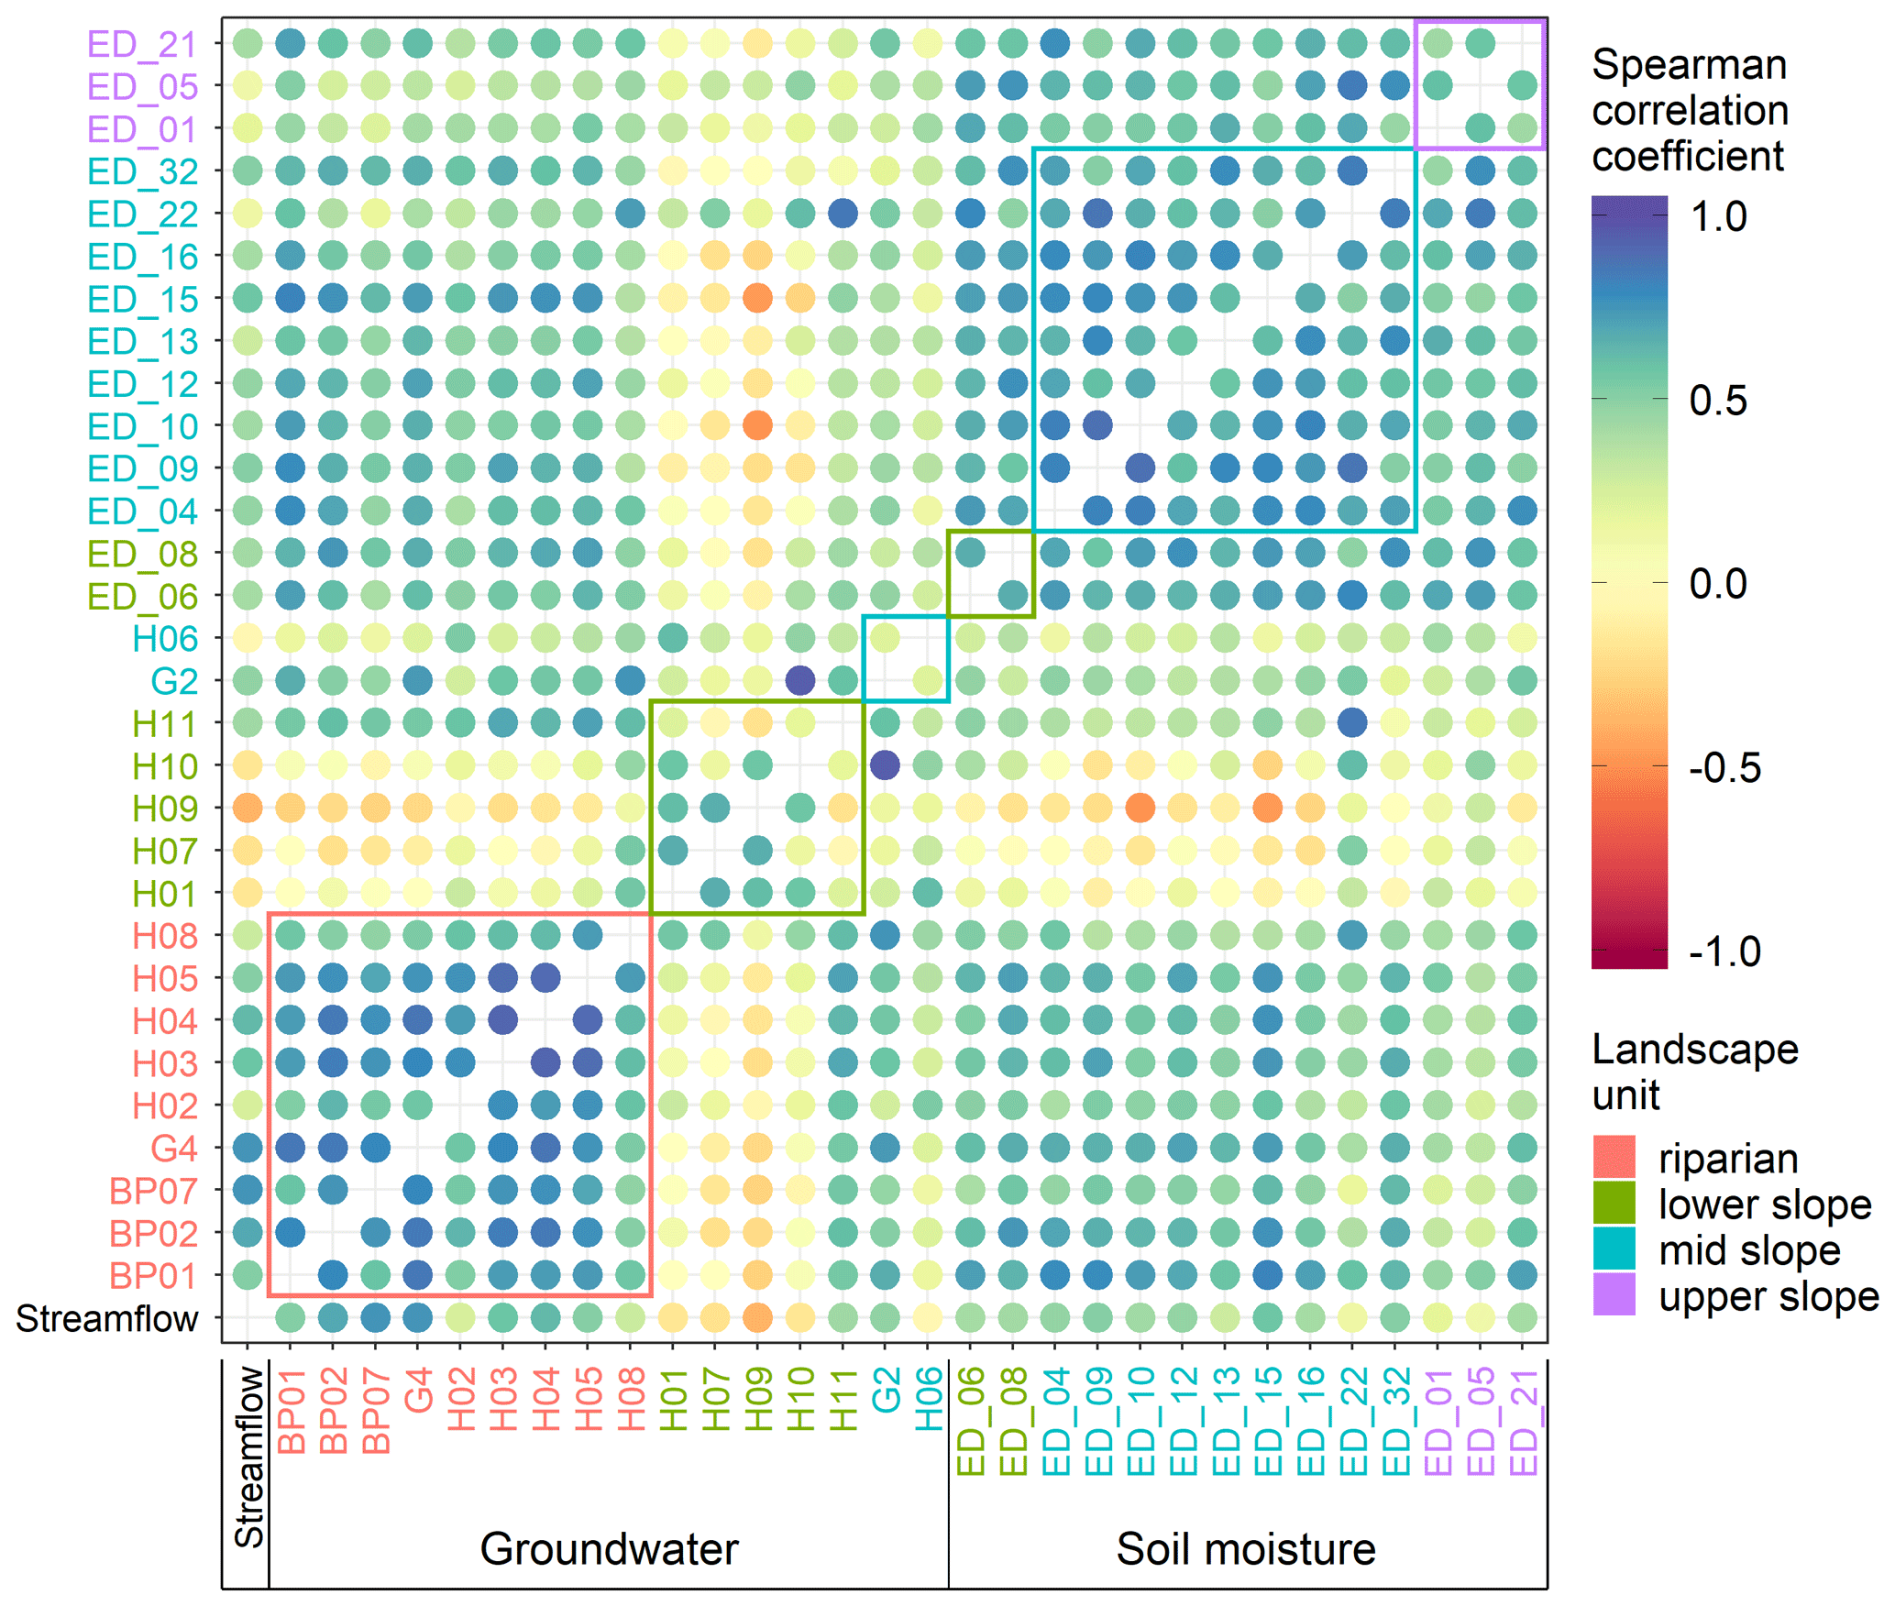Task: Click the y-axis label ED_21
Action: click(142, 44)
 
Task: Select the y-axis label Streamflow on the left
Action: click(107, 1319)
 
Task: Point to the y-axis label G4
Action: click(174, 1149)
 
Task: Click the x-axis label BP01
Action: click(291, 1411)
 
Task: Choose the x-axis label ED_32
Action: click(1395, 1421)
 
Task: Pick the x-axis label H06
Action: click(928, 1399)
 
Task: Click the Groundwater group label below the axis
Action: click(609, 1549)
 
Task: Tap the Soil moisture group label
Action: click(1246, 1549)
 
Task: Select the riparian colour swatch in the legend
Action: click(1614, 1157)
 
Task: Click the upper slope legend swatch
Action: click(1614, 1294)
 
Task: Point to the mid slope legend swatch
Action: click(1614, 1248)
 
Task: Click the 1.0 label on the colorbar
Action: click(1718, 217)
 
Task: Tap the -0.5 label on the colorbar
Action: click(1724, 768)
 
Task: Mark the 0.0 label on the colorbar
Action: click(1718, 584)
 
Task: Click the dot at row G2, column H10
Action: click(800, 681)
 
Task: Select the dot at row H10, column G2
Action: click(885, 764)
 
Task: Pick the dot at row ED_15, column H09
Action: click(757, 298)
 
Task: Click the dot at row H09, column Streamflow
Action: click(248, 808)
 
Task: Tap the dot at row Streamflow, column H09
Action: click(757, 1318)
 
